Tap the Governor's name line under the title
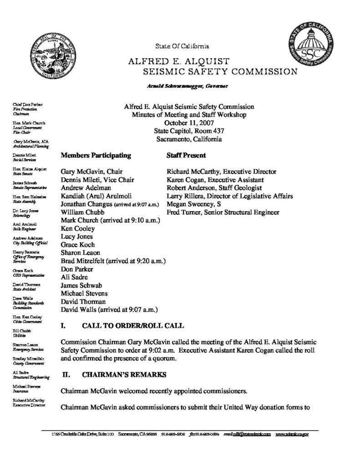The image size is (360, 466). point(188,86)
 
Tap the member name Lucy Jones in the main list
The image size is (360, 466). point(76,237)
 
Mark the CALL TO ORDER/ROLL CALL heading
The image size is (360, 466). point(132,326)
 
